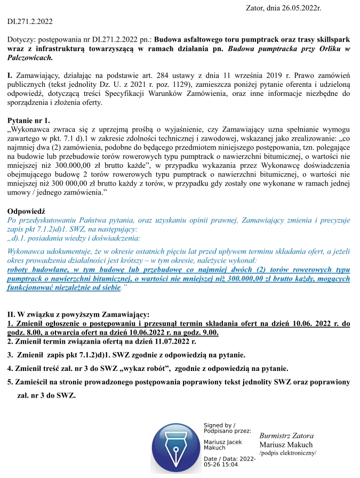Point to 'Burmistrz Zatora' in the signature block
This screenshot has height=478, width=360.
click(x=286, y=435)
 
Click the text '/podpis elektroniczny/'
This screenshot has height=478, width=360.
click(x=288, y=453)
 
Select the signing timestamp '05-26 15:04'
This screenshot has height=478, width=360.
click(x=220, y=465)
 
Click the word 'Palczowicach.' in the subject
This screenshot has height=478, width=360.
click(x=30, y=57)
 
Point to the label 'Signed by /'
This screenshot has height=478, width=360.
click(x=219, y=425)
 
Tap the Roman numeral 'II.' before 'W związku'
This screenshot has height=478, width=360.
click(x=12, y=314)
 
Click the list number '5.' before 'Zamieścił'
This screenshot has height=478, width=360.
click(x=10, y=382)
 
